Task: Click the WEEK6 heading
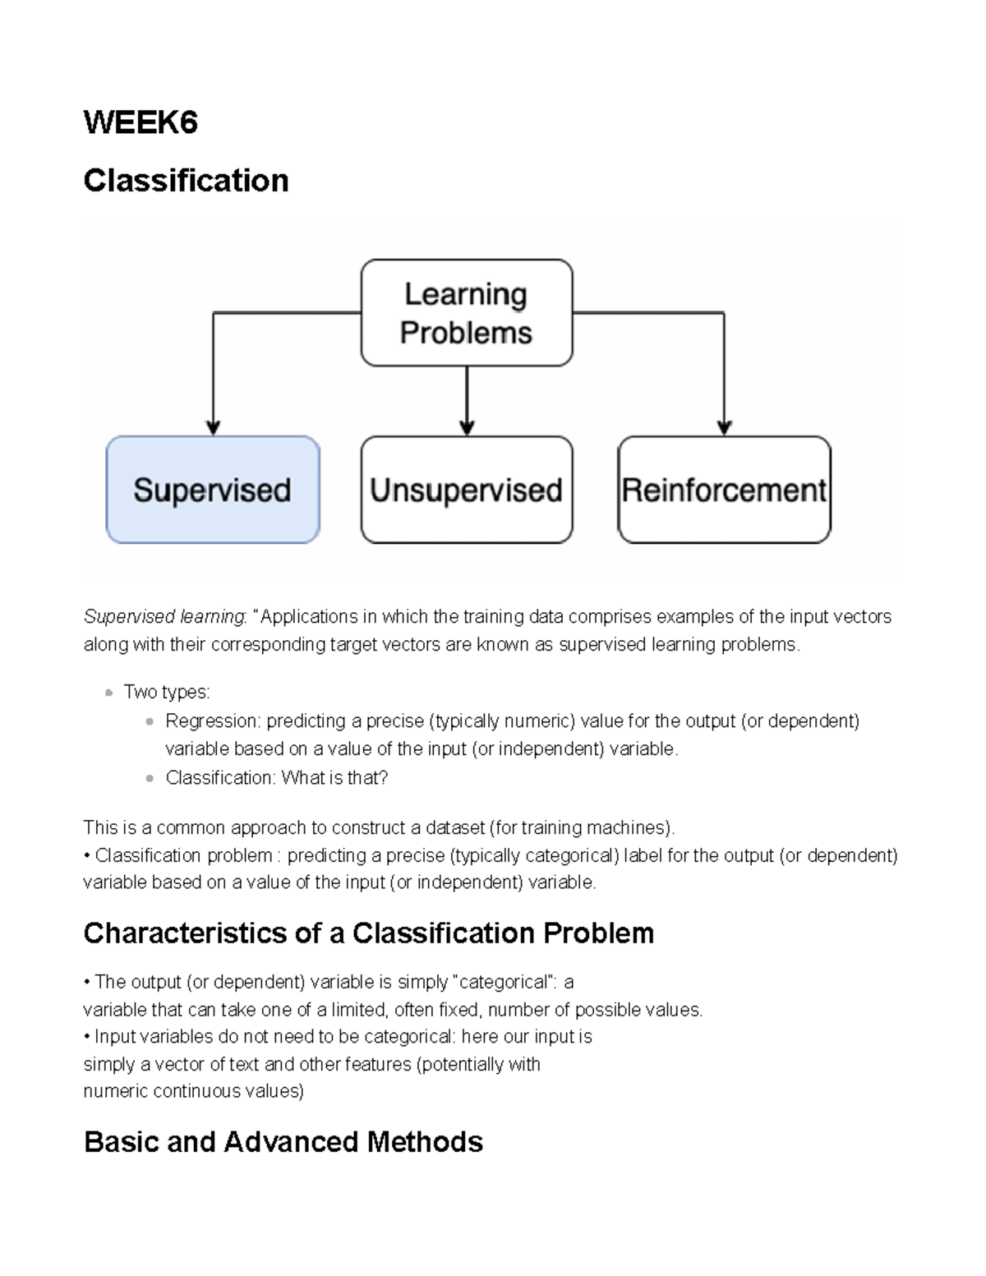(141, 123)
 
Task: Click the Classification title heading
(186, 181)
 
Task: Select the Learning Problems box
(466, 313)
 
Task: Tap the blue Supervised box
(213, 490)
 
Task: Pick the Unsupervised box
(466, 490)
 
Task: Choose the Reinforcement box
(724, 490)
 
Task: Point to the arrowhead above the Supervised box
(213, 427)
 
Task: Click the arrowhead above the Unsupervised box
(467, 427)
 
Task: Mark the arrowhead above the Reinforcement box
(724, 427)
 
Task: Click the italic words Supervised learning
(164, 617)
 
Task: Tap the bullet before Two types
(108, 693)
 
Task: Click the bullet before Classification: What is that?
(150, 778)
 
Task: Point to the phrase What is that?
(334, 778)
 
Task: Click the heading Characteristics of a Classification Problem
(368, 933)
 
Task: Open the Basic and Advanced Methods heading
(283, 1142)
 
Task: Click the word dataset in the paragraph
(452, 827)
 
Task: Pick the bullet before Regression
(150, 721)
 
